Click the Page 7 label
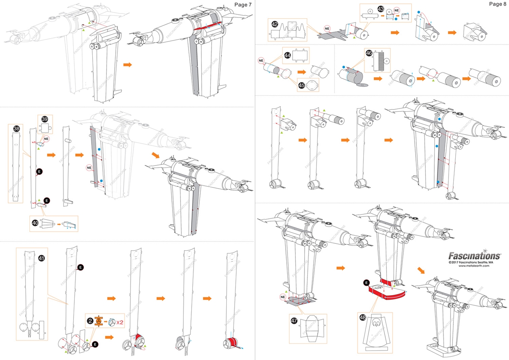[x=243, y=5]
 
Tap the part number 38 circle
[x=16, y=128]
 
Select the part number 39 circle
[x=45, y=119]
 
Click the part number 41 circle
[x=41, y=258]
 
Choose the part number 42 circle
[x=275, y=24]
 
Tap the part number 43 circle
[x=381, y=9]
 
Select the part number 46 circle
[x=369, y=53]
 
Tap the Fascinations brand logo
[x=474, y=255]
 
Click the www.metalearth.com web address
[x=474, y=266]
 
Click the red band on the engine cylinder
[x=231, y=342]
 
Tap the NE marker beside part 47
[x=283, y=297]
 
